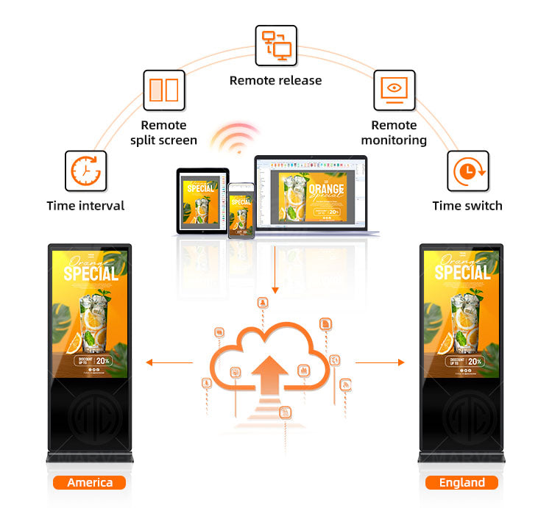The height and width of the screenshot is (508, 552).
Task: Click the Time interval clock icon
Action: click(x=85, y=171)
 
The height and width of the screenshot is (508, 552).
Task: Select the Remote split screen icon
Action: click(x=163, y=90)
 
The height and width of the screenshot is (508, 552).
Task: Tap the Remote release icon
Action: click(x=276, y=46)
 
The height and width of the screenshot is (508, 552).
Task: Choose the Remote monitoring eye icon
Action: click(x=394, y=90)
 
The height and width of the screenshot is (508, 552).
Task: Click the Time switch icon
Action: click(x=467, y=171)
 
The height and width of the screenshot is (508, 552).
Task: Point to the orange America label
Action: click(x=90, y=483)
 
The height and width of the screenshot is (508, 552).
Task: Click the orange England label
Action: click(x=461, y=483)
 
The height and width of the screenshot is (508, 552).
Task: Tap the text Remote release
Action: click(x=276, y=80)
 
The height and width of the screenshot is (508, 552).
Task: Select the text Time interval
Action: click(x=85, y=206)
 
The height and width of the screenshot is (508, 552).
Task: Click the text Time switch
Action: click(x=467, y=206)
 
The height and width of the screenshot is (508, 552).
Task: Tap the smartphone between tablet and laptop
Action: click(x=240, y=210)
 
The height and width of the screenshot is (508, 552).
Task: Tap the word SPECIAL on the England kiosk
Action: click(x=462, y=273)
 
